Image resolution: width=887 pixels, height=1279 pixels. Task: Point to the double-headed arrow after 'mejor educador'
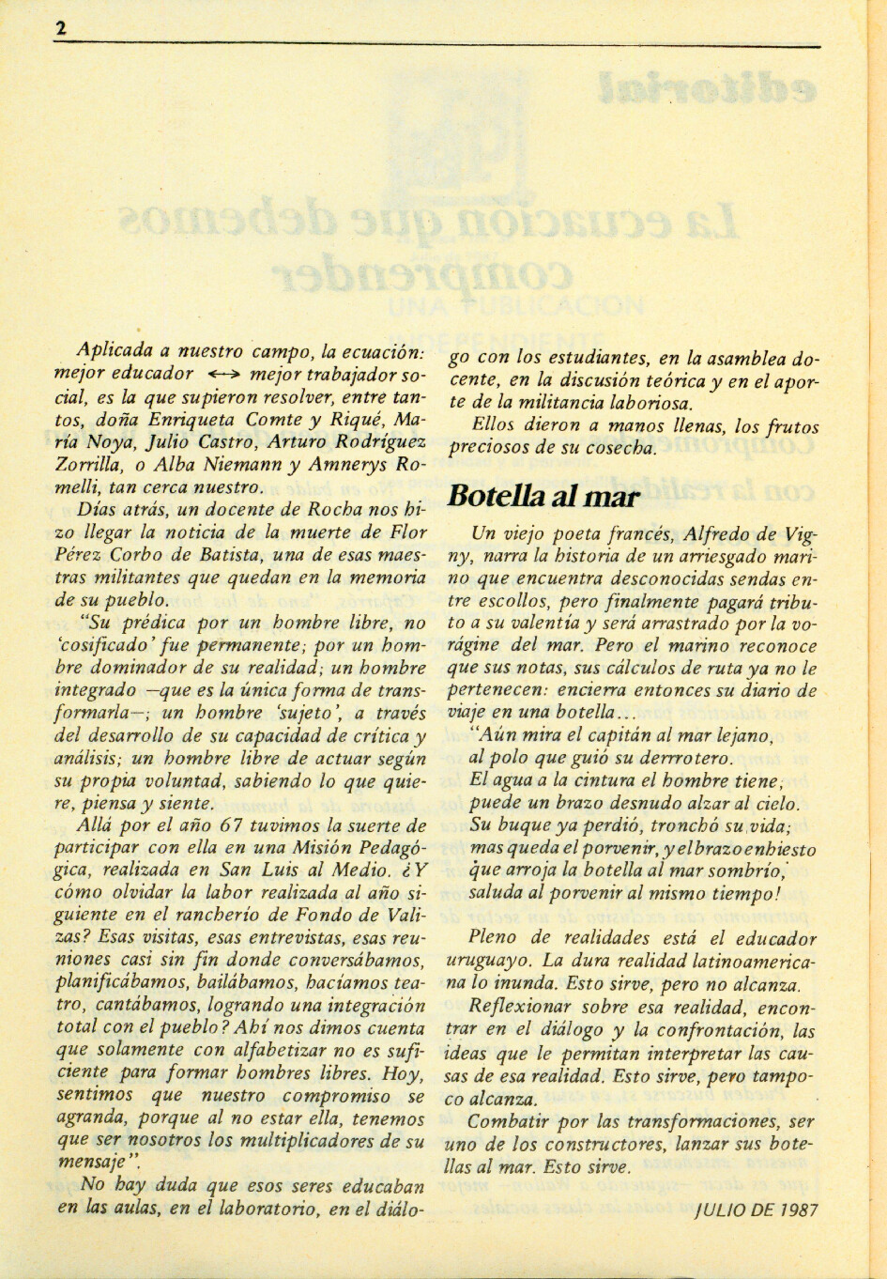pyautogui.click(x=225, y=373)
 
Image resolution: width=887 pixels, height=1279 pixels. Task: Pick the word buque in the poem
pyautogui.click(x=519, y=826)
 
